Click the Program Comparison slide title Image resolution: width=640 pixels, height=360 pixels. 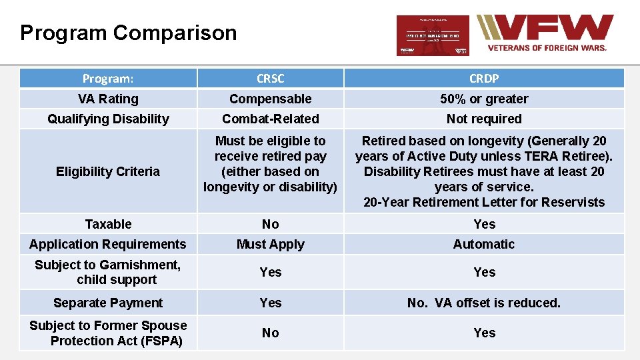[128, 33]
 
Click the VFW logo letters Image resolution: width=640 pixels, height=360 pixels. [553, 29]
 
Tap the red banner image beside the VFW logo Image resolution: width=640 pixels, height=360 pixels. [432, 35]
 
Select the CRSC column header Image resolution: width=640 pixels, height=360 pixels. [270, 79]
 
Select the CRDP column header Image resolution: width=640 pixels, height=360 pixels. [484, 79]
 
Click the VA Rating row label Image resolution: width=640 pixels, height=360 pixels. [108, 99]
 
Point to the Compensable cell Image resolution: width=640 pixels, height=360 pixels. [270, 99]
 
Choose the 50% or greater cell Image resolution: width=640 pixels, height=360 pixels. [484, 99]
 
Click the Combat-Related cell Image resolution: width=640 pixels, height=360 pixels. [270, 119]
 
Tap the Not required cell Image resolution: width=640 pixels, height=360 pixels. [484, 119]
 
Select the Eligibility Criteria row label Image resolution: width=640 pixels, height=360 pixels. [108, 171]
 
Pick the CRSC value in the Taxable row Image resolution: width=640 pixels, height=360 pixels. [270, 224]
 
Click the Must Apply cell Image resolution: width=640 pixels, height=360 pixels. [270, 244]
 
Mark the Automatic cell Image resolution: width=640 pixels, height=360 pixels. [484, 244]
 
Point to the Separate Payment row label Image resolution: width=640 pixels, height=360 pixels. [108, 303]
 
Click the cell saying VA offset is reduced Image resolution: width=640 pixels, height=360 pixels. [484, 303]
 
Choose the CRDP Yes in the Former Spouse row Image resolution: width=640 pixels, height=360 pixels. [484, 333]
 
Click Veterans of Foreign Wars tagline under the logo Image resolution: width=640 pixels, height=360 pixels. [547, 47]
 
